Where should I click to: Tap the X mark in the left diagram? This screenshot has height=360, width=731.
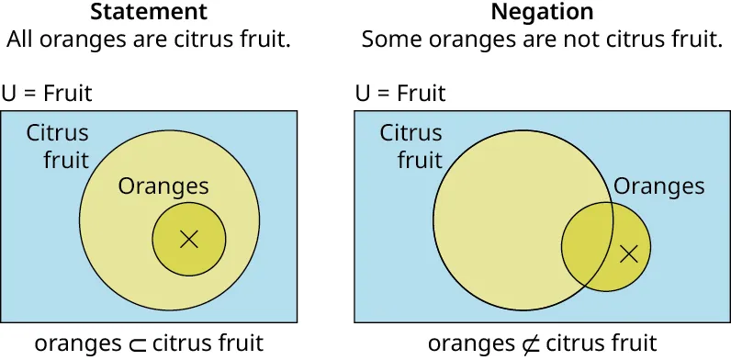189,240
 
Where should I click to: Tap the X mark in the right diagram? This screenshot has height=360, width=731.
628,253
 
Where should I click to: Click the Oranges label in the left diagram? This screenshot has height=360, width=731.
163,187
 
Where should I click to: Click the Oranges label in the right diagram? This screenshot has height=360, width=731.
658,187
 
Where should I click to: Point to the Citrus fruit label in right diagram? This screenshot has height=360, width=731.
411,146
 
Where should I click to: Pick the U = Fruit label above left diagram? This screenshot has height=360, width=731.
47,94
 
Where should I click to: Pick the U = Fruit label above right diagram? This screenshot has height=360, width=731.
399,94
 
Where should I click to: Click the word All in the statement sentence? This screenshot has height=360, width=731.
22,40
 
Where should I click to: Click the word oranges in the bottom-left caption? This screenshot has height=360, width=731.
78,344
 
